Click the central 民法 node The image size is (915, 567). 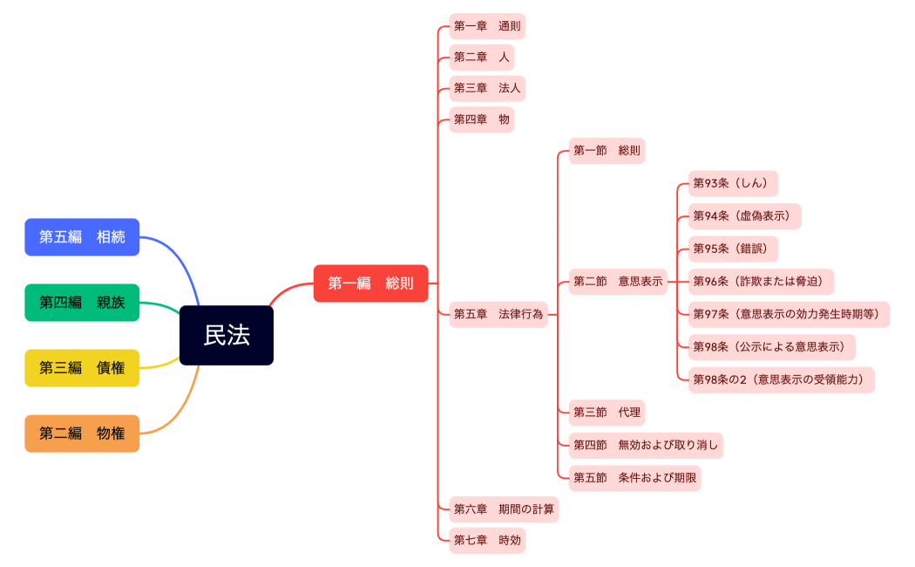click(x=227, y=335)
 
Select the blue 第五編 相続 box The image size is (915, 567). click(x=82, y=237)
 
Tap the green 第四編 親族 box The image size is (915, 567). click(x=82, y=303)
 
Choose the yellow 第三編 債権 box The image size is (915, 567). click(x=82, y=368)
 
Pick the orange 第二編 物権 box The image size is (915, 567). click(x=82, y=434)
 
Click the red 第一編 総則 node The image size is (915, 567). click(x=370, y=283)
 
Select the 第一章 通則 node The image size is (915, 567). click(x=487, y=26)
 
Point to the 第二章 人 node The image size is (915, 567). click(x=481, y=58)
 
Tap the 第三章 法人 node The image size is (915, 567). click(x=487, y=89)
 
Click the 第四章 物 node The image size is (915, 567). click(x=481, y=120)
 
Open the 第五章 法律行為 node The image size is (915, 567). click(x=498, y=314)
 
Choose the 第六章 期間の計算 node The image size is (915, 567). click(x=504, y=509)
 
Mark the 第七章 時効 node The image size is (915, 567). click(x=487, y=541)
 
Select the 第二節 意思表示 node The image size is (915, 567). click(x=618, y=282)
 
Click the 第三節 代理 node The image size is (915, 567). click(x=607, y=412)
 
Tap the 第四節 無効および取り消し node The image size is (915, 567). click(x=646, y=445)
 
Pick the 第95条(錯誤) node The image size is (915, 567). click(x=733, y=249)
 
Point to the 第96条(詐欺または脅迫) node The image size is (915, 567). click(x=761, y=282)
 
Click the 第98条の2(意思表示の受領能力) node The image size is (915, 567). click(x=781, y=379)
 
